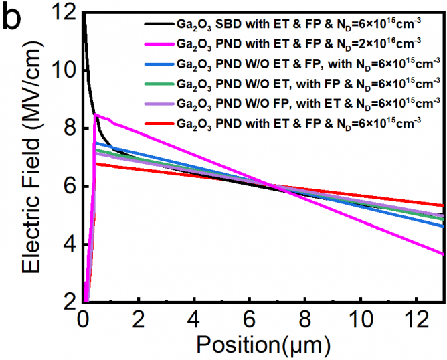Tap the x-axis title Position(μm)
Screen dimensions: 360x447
click(263, 345)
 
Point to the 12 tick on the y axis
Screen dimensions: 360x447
click(64, 12)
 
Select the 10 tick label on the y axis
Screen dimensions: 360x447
click(64, 70)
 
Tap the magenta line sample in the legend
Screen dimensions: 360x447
click(158, 45)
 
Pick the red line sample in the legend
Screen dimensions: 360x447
click(158, 123)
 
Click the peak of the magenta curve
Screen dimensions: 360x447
click(96, 114)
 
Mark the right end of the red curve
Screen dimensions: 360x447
click(444, 205)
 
